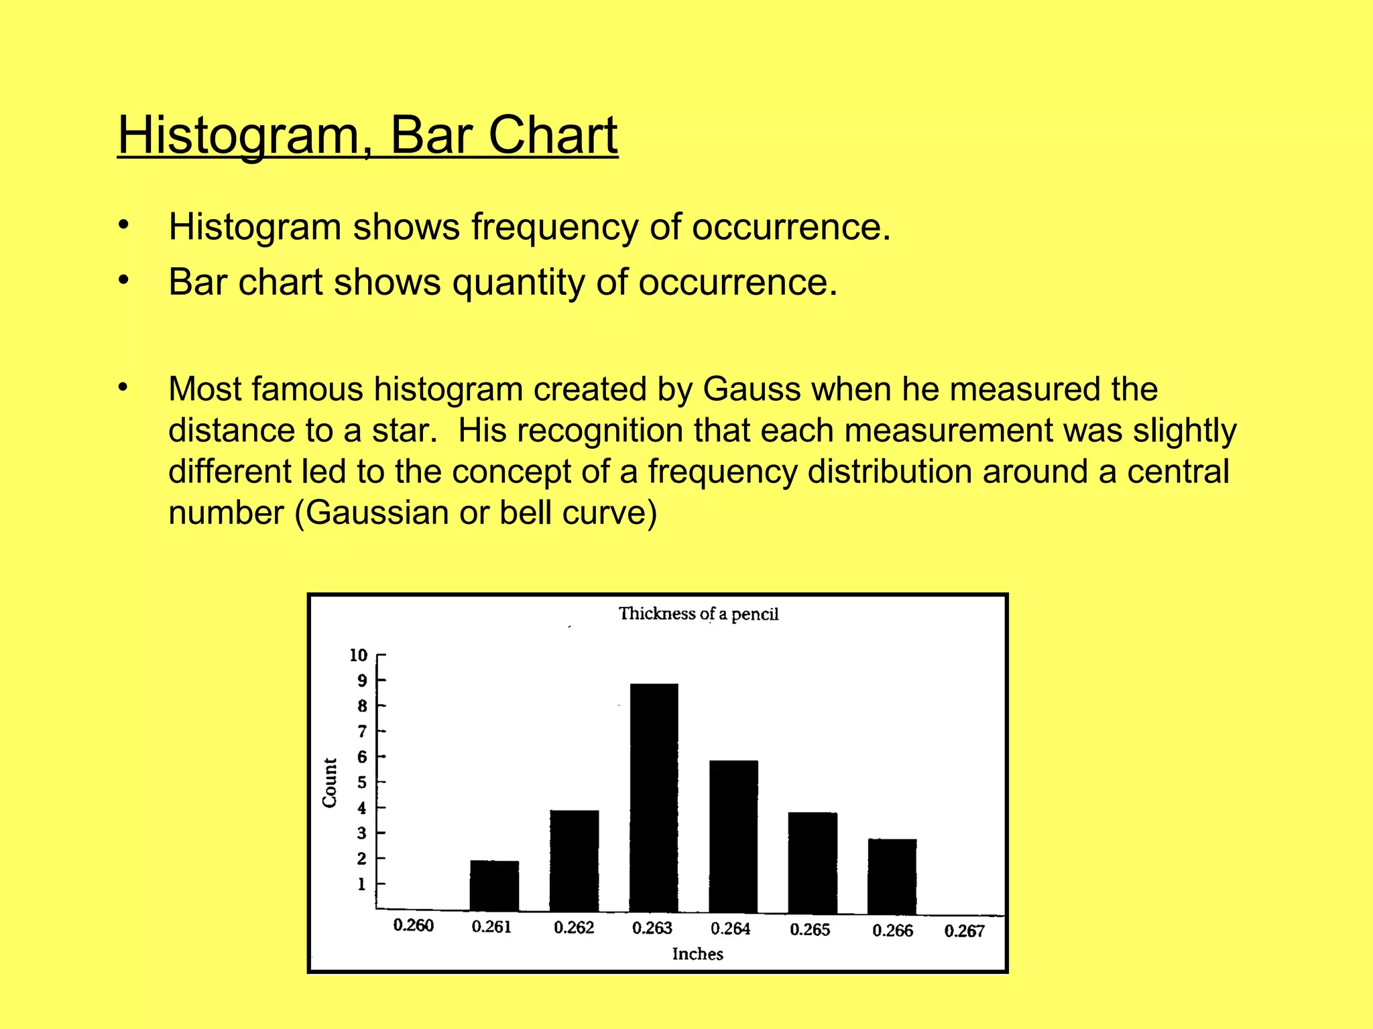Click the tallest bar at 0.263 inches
coord(654,797)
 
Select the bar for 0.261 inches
coord(494,886)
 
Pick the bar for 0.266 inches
coord(892,876)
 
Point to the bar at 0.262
coord(574,861)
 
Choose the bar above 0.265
coord(813,862)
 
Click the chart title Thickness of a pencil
coord(698,614)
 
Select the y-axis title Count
coord(330,782)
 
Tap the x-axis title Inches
coord(697,954)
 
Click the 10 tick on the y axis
coord(359,655)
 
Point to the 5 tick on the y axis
coord(362,782)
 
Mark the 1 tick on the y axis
coord(362,884)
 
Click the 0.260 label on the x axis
coord(413,925)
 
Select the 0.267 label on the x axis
coord(964,931)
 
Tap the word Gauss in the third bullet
coord(752,389)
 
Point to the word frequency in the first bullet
coord(554,227)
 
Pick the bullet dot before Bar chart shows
coord(123,281)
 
